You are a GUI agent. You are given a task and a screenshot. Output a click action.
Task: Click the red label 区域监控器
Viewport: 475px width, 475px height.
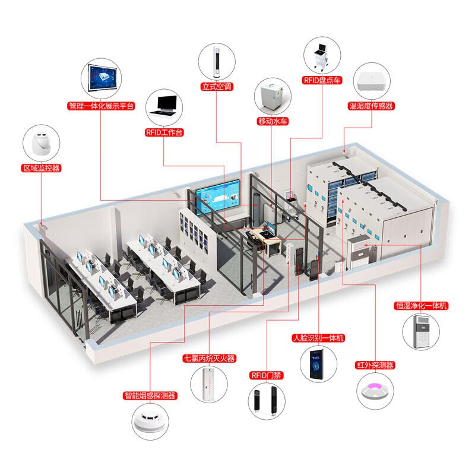[41, 168]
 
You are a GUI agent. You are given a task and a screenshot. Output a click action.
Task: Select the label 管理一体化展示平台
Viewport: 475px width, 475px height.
[101, 106]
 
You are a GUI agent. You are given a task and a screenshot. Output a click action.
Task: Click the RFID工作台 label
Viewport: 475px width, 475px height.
[164, 132]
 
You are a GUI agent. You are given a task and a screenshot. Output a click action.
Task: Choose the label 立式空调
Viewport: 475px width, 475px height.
[216, 86]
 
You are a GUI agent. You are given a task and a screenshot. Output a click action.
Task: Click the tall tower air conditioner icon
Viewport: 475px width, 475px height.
[216, 61]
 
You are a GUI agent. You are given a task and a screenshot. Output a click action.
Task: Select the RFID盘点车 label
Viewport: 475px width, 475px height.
[322, 80]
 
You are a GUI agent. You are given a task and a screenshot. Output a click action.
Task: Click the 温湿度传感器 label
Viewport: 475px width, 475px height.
[372, 106]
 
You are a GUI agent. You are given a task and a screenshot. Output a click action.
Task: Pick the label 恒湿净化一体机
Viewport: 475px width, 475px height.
[422, 306]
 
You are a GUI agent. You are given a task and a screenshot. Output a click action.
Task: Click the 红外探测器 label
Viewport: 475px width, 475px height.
[375, 365]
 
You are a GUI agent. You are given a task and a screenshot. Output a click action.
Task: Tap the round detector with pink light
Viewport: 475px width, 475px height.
[375, 391]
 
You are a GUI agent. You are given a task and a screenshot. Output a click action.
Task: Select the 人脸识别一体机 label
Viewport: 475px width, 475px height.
[318, 338]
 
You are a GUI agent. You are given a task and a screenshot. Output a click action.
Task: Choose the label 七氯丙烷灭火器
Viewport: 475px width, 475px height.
[209, 359]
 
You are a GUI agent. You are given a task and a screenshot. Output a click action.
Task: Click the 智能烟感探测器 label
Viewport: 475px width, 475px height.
[150, 395]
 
